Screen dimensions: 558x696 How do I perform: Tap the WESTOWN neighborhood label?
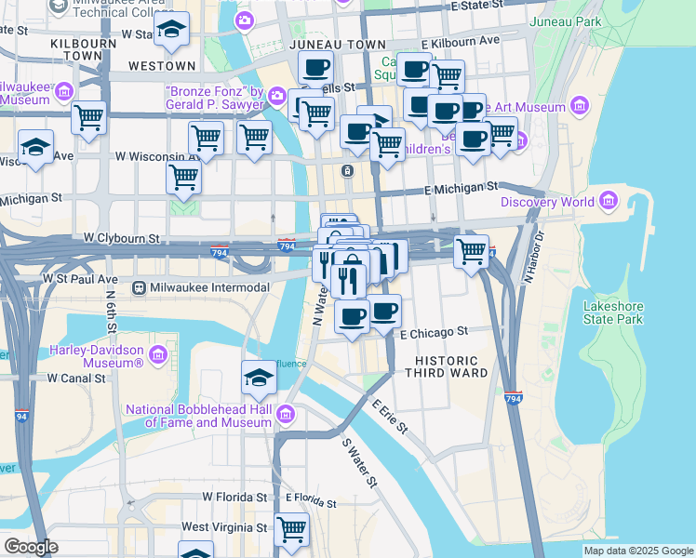(162, 66)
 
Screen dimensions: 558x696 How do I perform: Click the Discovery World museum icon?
(609, 201)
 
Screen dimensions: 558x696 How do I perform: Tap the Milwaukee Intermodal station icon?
(141, 287)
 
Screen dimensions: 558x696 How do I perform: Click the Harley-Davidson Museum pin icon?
(156, 355)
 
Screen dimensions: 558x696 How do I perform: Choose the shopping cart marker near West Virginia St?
(292, 528)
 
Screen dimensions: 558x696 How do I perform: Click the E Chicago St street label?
(433, 332)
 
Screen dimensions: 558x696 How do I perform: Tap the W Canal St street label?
(79, 378)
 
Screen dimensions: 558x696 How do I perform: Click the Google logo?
(31, 547)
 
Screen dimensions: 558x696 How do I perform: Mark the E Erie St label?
(390, 417)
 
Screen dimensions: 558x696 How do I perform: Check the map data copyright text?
(638, 551)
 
